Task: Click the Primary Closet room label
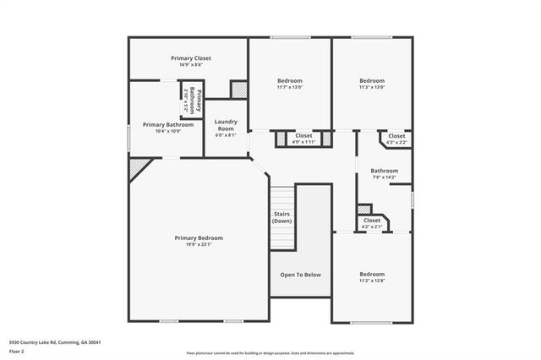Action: tap(188, 58)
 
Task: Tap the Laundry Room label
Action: tap(226, 126)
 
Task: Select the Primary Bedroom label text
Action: tap(199, 238)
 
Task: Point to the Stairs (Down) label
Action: tap(282, 217)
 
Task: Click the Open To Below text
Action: tap(300, 275)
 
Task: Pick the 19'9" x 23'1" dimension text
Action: tap(199, 245)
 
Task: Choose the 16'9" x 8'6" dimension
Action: tap(188, 65)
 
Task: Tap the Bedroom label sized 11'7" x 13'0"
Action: tap(290, 80)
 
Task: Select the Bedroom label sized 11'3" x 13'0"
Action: tap(372, 80)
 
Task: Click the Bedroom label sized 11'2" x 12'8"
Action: tap(372, 275)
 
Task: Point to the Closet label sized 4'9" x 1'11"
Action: tap(303, 135)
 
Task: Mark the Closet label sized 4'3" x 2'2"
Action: tap(396, 135)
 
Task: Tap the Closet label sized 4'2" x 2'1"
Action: tap(372, 220)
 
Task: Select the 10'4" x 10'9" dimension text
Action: tap(168, 131)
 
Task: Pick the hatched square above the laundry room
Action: tap(239, 88)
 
